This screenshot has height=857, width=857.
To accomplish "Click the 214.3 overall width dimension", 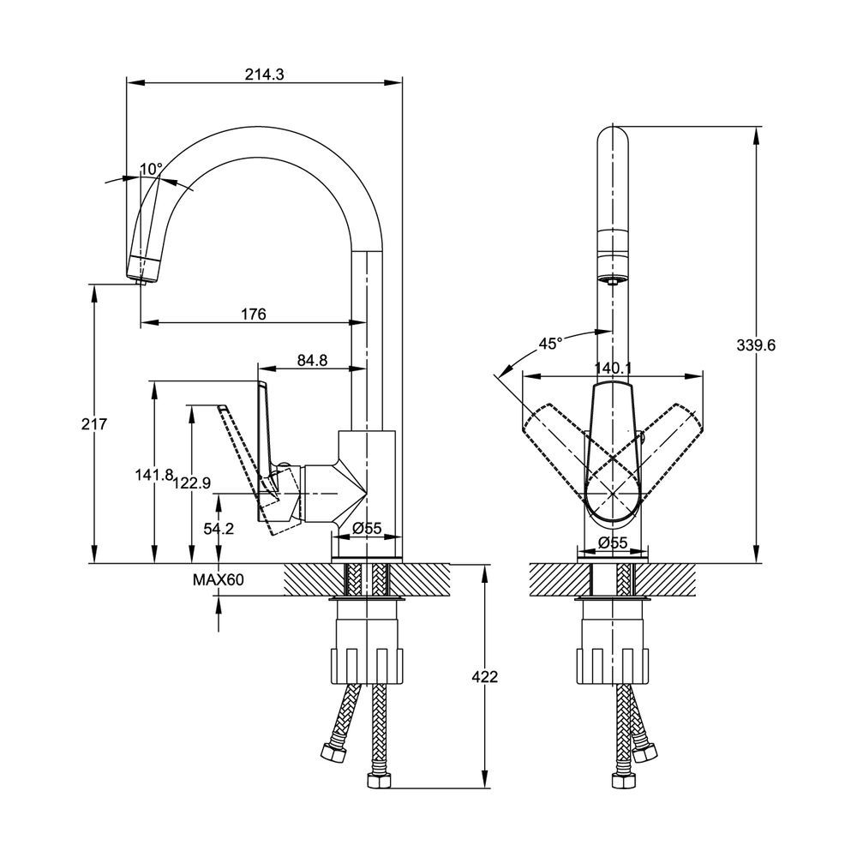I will (x=264, y=75).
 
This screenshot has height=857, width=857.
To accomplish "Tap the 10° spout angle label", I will (x=151, y=169).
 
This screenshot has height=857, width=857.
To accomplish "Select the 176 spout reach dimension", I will (x=253, y=315).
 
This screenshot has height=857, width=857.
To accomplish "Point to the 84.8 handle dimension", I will (x=312, y=360).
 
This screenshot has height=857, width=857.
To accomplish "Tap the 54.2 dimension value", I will (x=219, y=529).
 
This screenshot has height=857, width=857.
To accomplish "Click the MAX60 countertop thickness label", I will (x=218, y=580).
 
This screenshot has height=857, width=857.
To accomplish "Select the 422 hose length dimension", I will (x=484, y=676).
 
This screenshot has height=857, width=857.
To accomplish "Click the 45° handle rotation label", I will (x=549, y=344).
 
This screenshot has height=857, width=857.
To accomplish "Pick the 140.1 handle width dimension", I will (x=613, y=368).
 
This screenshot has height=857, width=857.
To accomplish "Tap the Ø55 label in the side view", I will (x=368, y=529).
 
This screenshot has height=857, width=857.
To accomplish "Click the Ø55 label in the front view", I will (x=614, y=542).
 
